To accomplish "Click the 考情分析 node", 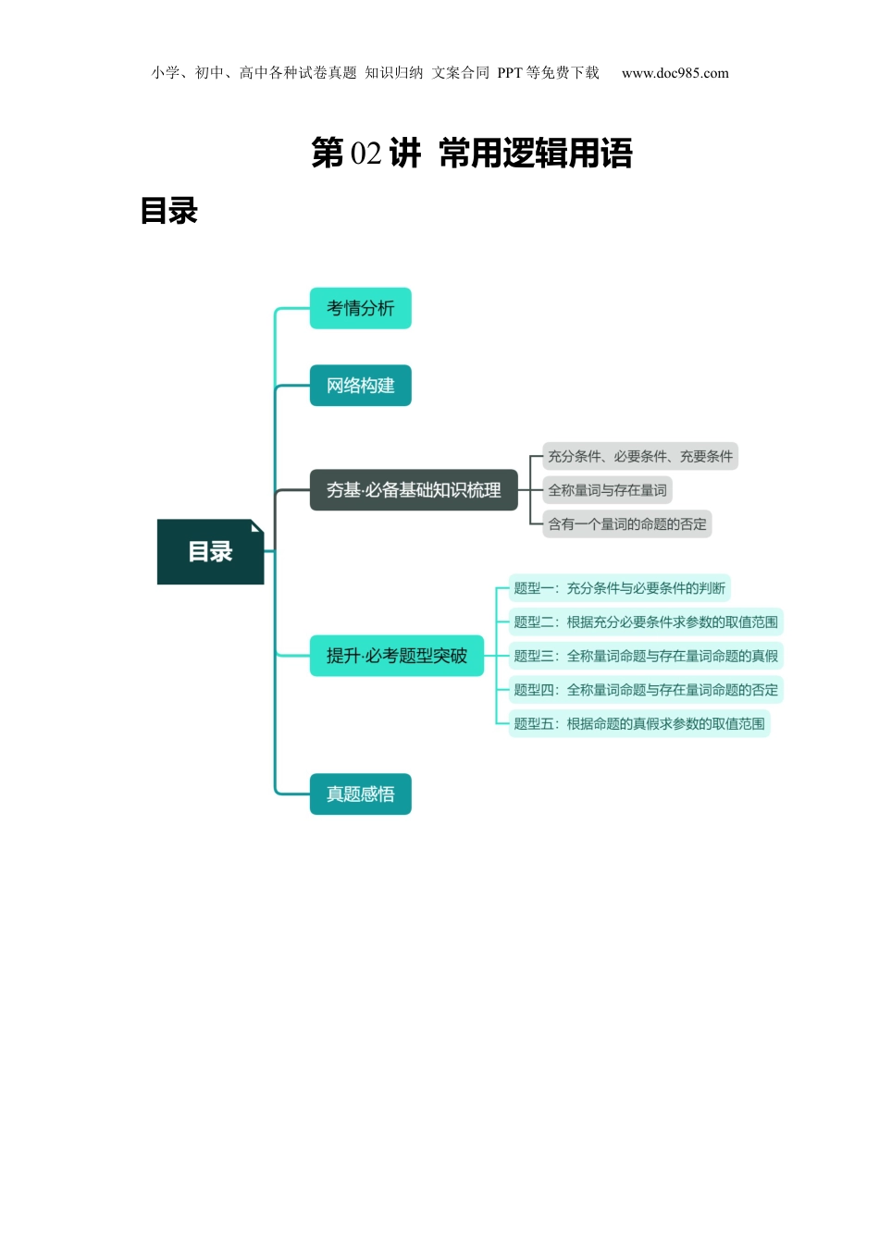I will click(x=360, y=308).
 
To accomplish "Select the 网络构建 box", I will click(x=360, y=386).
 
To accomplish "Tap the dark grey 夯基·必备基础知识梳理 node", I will click(x=414, y=490).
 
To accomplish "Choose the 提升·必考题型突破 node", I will click(x=396, y=656).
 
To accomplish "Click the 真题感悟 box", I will click(x=360, y=794).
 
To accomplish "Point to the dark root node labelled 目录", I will click(x=210, y=552).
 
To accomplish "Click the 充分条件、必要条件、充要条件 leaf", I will click(x=639, y=456).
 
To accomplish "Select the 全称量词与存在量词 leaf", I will click(x=607, y=490).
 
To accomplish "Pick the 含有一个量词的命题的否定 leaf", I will click(x=626, y=524).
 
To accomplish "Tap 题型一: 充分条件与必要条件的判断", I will click(x=619, y=588).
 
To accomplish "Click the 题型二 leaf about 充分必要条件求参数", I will click(x=646, y=622).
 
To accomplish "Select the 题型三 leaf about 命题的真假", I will click(x=646, y=656).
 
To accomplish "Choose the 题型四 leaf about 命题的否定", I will click(x=646, y=690).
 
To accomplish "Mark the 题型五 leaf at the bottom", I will click(x=638, y=724).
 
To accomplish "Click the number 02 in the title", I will click(x=366, y=154).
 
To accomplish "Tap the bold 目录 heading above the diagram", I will click(x=169, y=211).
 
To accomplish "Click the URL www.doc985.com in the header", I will click(x=675, y=73).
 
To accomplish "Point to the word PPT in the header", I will click(x=510, y=73).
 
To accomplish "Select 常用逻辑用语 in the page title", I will click(x=536, y=154).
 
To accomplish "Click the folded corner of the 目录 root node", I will click(x=256, y=526).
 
